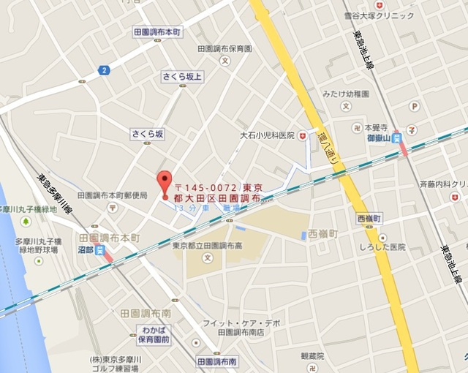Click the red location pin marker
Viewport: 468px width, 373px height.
click(x=165, y=184)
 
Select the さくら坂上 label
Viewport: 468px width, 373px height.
click(x=182, y=75)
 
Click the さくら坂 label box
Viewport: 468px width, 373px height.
click(x=148, y=134)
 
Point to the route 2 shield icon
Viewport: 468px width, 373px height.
click(x=104, y=70)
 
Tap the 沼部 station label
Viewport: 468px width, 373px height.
click(x=86, y=249)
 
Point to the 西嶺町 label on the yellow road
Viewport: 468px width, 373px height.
click(x=370, y=219)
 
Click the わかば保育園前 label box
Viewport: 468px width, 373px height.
click(x=154, y=335)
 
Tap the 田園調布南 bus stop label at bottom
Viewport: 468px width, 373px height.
click(x=217, y=362)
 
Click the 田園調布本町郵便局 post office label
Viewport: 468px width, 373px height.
click(x=112, y=195)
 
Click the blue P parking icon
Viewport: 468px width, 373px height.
click(x=415, y=107)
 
